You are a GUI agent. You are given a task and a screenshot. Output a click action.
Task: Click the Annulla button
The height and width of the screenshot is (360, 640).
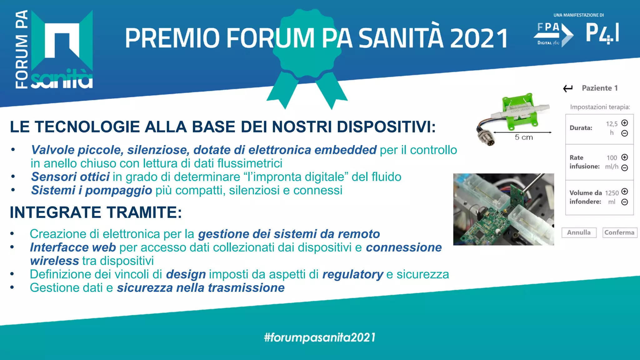[x=579, y=232]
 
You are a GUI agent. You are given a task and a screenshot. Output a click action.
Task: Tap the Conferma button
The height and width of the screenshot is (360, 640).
[x=619, y=232]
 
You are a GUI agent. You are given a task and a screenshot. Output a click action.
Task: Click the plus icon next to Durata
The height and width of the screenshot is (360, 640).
[x=624, y=123]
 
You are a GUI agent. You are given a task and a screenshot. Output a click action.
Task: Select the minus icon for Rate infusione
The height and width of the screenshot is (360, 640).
[x=624, y=168]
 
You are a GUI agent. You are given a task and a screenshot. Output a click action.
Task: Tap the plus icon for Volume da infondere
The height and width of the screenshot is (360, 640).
[x=624, y=192]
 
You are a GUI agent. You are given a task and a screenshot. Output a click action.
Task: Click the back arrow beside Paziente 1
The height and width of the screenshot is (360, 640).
[x=568, y=88]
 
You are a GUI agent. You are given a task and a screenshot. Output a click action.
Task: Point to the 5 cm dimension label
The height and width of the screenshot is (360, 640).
[x=524, y=137]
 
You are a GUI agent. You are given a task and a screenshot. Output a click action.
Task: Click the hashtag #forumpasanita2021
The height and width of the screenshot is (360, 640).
[x=320, y=337]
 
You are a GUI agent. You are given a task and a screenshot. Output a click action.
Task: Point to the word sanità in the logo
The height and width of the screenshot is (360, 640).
[x=62, y=79]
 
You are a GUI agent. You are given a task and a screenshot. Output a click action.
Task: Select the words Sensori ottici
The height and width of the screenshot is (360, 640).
[x=70, y=177]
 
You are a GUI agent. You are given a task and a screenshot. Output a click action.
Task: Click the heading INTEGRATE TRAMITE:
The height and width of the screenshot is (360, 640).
[x=96, y=212]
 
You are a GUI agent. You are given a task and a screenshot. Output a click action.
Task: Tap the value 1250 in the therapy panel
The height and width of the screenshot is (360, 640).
[x=612, y=193]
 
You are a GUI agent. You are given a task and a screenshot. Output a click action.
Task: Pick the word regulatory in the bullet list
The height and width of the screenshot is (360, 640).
[x=352, y=274]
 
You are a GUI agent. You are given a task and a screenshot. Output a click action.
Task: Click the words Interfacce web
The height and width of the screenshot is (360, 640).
[x=73, y=247]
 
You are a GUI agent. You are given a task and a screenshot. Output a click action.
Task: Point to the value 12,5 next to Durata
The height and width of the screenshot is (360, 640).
[x=612, y=124]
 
